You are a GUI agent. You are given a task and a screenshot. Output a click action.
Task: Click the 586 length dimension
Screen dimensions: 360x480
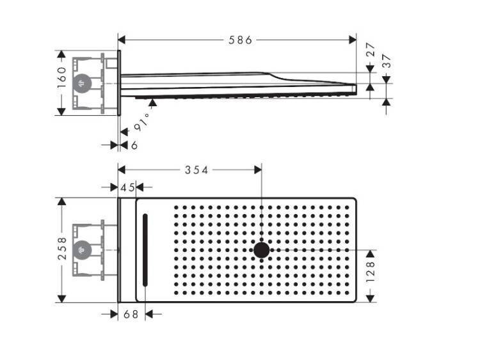[241, 40]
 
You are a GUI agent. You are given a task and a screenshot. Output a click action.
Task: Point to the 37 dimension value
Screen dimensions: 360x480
[387, 61]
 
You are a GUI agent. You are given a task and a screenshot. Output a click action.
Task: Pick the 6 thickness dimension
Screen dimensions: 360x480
[134, 146]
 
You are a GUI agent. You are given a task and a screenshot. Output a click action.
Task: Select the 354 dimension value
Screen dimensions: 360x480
[196, 170]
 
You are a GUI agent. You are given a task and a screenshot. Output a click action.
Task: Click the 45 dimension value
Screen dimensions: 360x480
[127, 187]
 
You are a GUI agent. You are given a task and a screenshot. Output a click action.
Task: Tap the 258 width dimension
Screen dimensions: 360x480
[61, 249]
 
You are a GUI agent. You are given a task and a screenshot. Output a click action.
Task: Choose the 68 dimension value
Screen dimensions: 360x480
[131, 314]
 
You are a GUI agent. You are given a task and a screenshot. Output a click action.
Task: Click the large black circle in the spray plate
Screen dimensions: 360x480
[261, 250]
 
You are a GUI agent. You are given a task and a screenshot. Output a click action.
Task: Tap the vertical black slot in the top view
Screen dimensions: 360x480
[145, 249]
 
